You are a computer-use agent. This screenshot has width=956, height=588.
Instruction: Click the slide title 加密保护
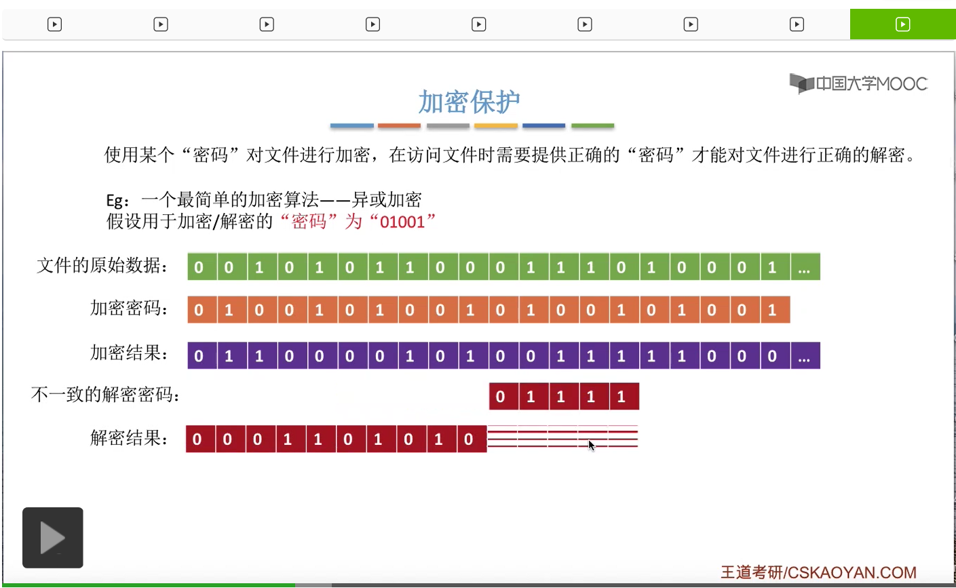[x=469, y=102]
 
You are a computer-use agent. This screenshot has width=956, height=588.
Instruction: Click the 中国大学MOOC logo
[x=858, y=83]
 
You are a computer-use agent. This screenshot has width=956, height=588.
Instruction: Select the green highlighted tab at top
[x=902, y=24]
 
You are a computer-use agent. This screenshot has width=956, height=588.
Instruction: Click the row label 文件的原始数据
[x=102, y=265]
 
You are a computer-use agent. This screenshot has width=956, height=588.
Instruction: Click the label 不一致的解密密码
[x=105, y=395]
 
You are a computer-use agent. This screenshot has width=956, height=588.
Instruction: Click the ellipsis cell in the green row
[x=804, y=267]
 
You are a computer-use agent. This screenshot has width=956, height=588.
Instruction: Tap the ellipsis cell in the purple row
[x=804, y=356]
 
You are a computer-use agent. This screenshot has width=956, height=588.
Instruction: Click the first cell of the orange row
[x=199, y=310]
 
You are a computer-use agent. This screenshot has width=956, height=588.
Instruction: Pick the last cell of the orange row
[x=772, y=310]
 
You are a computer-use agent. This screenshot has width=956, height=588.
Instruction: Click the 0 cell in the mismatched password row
[x=501, y=397]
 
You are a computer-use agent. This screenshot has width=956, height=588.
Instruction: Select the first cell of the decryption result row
[x=197, y=439]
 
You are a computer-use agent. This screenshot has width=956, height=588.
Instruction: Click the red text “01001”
[x=402, y=222]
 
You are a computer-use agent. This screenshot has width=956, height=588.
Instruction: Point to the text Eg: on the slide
[x=117, y=200]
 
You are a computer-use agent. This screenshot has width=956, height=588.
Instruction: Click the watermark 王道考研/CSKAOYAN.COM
[x=818, y=572]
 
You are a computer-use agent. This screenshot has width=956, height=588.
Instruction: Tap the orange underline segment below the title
[x=399, y=126]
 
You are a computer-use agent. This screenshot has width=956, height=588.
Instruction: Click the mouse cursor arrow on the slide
[x=591, y=445]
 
